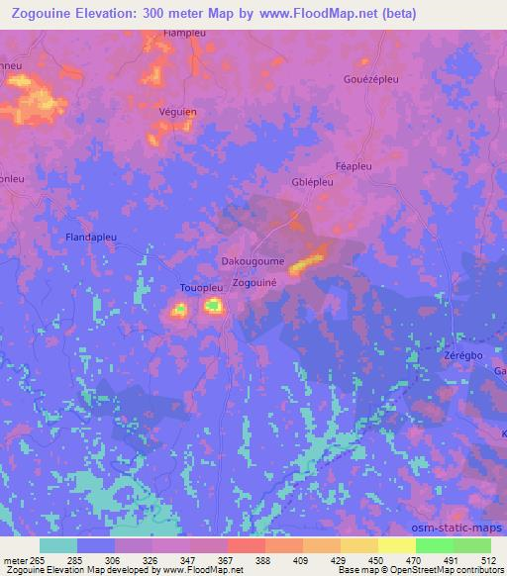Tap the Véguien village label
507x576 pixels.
click(x=178, y=112)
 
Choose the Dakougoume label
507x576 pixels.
click(x=253, y=261)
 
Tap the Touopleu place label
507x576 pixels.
click(x=200, y=288)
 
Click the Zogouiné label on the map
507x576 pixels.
click(x=253, y=282)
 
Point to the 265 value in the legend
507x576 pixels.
click(x=38, y=559)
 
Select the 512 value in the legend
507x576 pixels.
click(x=488, y=559)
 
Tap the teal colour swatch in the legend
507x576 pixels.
click(x=58, y=545)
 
